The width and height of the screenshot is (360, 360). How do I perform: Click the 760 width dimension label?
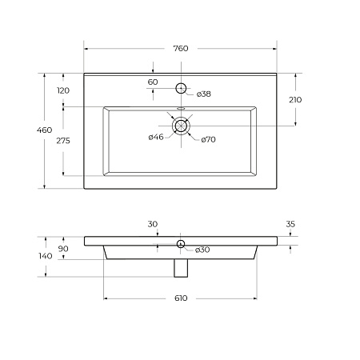pyautogui.click(x=181, y=48)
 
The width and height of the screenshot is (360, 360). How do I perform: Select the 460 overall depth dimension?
pyautogui.click(x=44, y=130)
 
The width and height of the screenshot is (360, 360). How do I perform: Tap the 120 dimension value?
pyautogui.click(x=63, y=90)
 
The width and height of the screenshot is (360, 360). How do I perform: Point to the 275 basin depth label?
pyautogui.click(x=63, y=141)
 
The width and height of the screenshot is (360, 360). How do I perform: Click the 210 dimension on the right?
pyautogui.click(x=295, y=100)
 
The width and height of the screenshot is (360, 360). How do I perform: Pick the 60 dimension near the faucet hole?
pyautogui.click(x=153, y=82)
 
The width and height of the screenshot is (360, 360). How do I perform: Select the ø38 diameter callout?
pyautogui.click(x=204, y=94)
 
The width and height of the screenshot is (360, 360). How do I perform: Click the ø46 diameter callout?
pyautogui.click(x=156, y=137)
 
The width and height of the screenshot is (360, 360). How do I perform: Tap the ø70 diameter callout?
pyautogui.click(x=208, y=139)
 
